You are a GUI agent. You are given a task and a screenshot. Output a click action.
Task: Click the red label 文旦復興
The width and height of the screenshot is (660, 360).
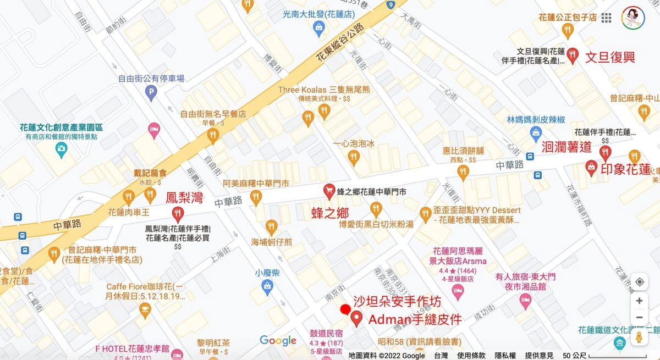(610, 57)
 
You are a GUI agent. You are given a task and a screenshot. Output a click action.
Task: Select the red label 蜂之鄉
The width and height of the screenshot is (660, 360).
(330, 213)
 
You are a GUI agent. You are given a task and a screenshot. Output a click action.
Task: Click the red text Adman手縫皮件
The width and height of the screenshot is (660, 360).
(415, 319)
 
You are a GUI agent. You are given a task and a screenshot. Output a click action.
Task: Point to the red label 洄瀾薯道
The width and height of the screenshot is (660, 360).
(566, 147)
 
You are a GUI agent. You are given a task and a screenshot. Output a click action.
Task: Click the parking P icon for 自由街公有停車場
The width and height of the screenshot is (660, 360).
(151, 94)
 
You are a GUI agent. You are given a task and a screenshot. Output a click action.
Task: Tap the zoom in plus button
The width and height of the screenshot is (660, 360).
(639, 301)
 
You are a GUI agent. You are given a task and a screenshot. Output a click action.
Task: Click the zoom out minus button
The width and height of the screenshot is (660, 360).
(639, 318)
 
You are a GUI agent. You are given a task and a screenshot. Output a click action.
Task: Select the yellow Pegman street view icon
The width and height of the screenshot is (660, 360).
(639, 337)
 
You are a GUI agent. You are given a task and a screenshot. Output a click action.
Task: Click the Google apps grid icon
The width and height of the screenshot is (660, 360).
(606, 18)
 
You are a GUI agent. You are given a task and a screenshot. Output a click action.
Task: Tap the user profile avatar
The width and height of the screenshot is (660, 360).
(634, 18)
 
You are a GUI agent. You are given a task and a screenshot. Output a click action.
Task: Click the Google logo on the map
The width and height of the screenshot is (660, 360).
(278, 340)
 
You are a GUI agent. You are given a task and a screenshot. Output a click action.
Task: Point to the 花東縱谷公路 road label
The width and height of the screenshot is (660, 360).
(341, 43)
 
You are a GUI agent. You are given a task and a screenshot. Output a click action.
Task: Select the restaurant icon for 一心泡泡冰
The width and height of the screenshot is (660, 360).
(354, 158)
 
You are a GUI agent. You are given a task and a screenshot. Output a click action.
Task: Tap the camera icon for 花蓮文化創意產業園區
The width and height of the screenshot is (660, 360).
(62, 149)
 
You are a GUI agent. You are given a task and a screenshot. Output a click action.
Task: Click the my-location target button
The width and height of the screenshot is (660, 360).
(639, 282)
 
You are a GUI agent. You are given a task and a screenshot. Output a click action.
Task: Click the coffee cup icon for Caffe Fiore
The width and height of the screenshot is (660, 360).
(145, 311)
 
